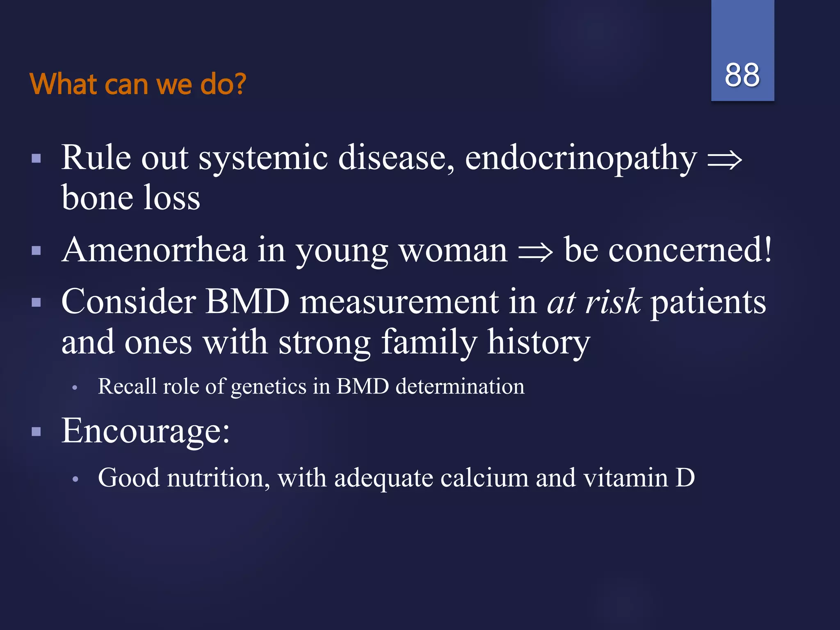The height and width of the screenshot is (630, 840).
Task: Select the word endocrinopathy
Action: pyautogui.click(x=580, y=159)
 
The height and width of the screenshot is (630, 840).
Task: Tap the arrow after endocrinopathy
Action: pyautogui.click(x=725, y=160)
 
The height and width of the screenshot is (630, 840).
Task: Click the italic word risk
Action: pyautogui.click(x=613, y=301)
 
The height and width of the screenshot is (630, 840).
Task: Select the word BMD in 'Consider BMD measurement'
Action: pyautogui.click(x=247, y=301)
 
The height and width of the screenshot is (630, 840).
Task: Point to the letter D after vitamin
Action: pyautogui.click(x=685, y=478)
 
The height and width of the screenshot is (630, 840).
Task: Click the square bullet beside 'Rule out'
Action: pyautogui.click(x=37, y=159)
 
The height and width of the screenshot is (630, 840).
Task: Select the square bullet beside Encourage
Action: pyautogui.click(x=37, y=431)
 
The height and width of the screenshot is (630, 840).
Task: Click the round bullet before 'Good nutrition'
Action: pyautogui.click(x=75, y=479)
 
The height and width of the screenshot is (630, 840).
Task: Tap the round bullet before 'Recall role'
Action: pyautogui.click(x=75, y=388)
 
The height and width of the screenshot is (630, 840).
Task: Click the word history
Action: pyautogui.click(x=538, y=343)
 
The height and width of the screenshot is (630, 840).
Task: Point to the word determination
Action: pyautogui.click(x=460, y=386)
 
